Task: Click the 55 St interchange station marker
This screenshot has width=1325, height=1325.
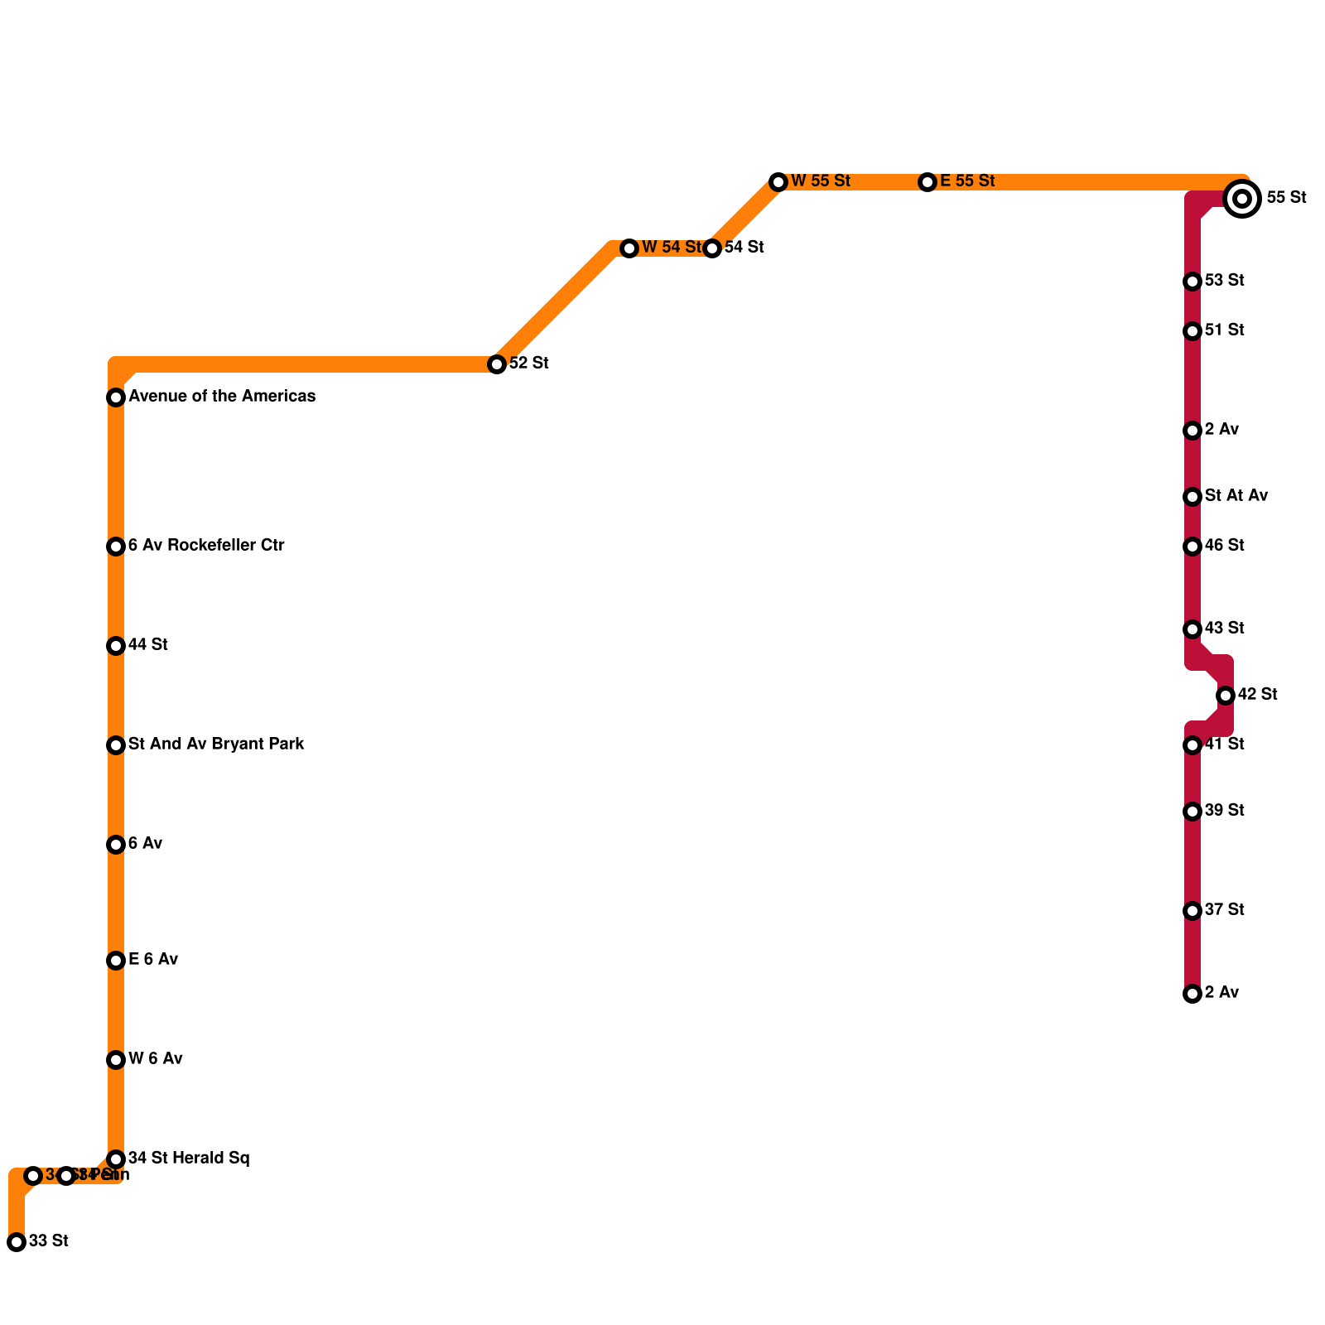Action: [1241, 199]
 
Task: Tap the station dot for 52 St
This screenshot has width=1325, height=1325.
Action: [497, 364]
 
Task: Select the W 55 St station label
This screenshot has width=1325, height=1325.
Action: [820, 181]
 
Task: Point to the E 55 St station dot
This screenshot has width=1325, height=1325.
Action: [927, 182]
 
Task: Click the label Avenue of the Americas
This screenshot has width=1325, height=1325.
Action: [222, 397]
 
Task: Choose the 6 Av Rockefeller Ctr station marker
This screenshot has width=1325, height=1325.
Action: [116, 547]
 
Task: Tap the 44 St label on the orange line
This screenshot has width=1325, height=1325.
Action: [148, 645]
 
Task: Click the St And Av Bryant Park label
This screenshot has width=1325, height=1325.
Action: [216, 744]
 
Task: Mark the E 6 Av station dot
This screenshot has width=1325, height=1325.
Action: [116, 961]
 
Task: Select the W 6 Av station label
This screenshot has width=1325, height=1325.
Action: [156, 1059]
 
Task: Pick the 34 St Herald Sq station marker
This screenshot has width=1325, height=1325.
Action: [116, 1159]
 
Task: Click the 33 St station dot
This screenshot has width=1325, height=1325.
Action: [17, 1242]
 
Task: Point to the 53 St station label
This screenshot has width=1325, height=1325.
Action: [1225, 281]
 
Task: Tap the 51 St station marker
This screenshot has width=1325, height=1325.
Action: [1192, 331]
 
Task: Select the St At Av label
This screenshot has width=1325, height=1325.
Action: [1236, 496]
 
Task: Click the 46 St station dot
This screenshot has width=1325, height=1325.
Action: [1192, 547]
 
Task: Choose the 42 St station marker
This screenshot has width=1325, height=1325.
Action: [1226, 696]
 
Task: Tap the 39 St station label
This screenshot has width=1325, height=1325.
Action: [1225, 811]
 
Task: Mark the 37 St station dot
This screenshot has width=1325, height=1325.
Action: [1192, 911]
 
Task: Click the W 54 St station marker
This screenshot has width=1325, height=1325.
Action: [629, 248]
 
